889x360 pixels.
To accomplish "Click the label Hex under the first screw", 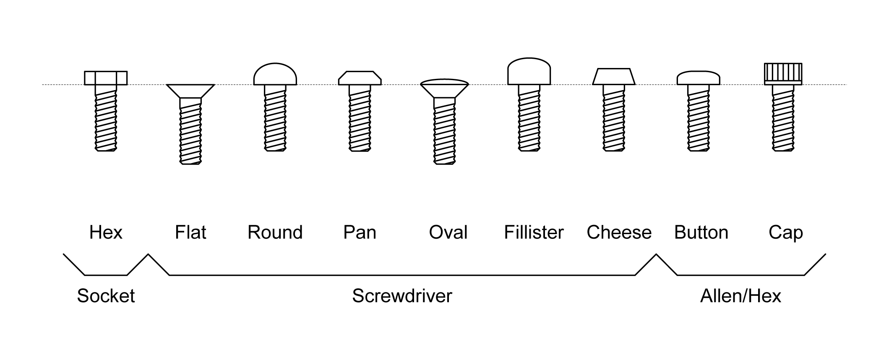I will (106, 232).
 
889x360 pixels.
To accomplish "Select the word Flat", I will (190, 232).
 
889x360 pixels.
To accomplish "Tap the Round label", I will (275, 232).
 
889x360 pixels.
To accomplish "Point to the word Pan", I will (360, 232).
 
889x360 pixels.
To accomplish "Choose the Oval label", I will (448, 232).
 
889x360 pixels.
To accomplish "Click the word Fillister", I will (534, 232).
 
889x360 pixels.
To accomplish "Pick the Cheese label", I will (619, 232).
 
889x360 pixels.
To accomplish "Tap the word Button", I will (701, 232).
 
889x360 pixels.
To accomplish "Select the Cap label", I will (785, 232).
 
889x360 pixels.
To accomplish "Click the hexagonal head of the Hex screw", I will (106, 78).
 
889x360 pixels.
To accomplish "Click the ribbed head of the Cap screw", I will (783, 73).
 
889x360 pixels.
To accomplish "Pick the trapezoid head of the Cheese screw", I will (613, 77).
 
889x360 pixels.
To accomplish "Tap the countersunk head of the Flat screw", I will (190, 90).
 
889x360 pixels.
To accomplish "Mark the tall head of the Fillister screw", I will (529, 72).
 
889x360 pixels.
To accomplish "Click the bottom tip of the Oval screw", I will (444, 162).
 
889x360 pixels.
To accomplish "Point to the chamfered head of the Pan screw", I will (360, 78).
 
